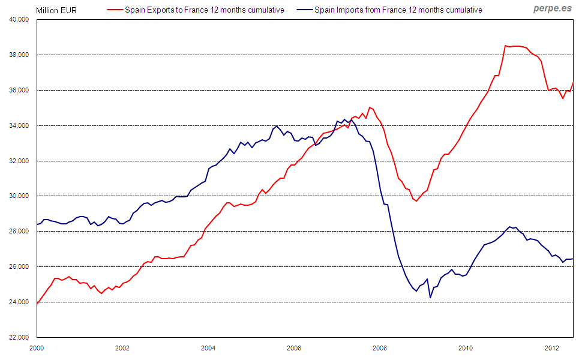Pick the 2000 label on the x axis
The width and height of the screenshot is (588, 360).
(37, 347)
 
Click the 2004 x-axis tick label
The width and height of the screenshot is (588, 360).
(208, 347)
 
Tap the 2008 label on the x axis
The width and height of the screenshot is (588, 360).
(379, 347)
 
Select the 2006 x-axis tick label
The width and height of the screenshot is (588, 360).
(294, 347)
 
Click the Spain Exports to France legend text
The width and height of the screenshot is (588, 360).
(205, 10)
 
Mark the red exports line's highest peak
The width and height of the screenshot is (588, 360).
(506, 45)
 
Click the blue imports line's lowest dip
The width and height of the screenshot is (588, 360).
(430, 297)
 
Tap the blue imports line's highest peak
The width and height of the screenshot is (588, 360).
(276, 126)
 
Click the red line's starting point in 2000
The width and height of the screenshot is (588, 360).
(37, 304)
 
